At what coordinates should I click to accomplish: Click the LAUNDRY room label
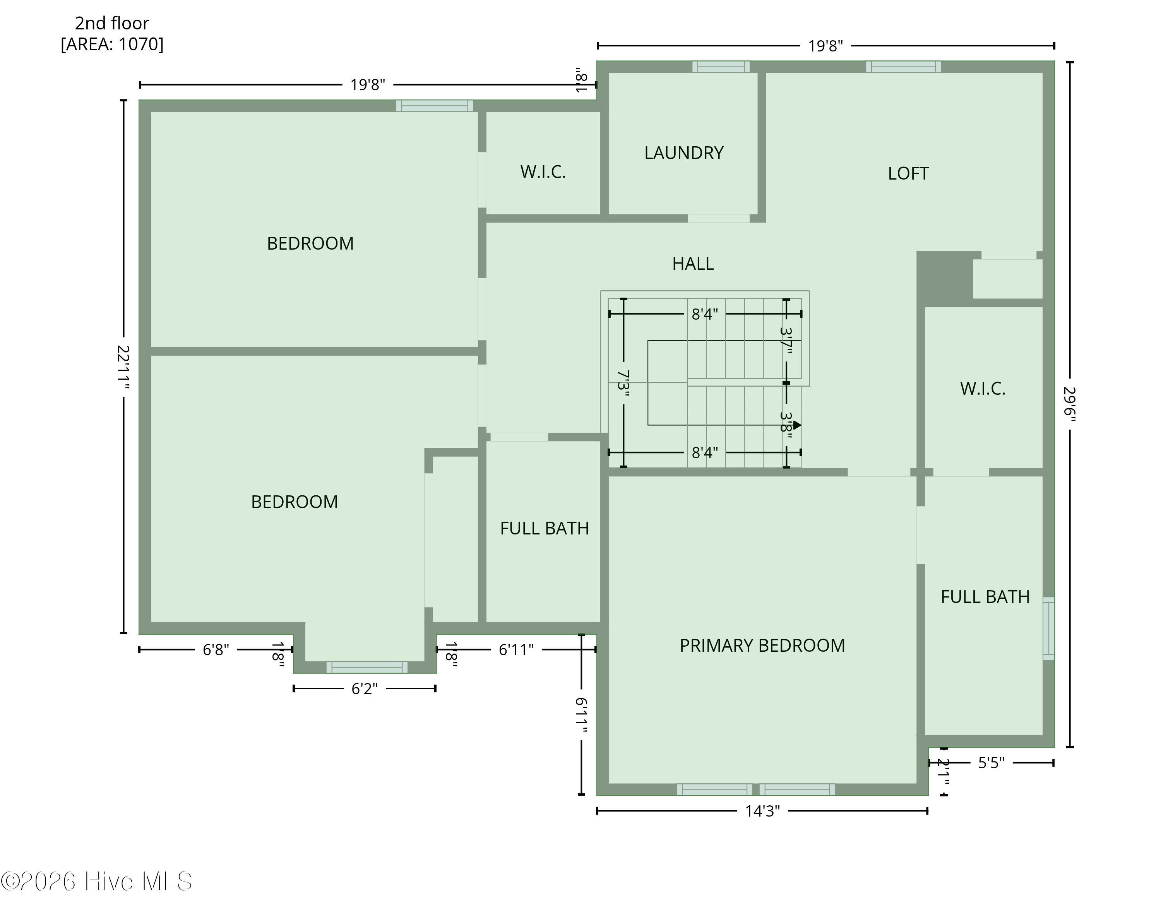point(683,153)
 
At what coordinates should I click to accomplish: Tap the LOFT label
point(908,173)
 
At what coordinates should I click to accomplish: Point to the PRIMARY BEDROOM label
point(762,645)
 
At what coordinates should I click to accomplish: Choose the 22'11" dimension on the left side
point(124,366)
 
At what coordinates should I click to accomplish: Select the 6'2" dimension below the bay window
point(365,689)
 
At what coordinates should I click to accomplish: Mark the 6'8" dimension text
point(216,650)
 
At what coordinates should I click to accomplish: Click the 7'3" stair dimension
point(623,384)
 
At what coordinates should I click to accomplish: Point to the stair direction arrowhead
point(798,425)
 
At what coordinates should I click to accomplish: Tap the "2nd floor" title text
point(112,23)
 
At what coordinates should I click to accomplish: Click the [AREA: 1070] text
point(112,44)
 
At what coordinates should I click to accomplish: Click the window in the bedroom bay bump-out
point(367,667)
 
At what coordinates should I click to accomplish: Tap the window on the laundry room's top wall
point(721,67)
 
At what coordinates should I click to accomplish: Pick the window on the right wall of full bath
point(1048,628)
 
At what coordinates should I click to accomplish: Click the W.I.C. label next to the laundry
point(543,172)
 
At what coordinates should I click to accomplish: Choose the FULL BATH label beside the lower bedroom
point(545,528)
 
